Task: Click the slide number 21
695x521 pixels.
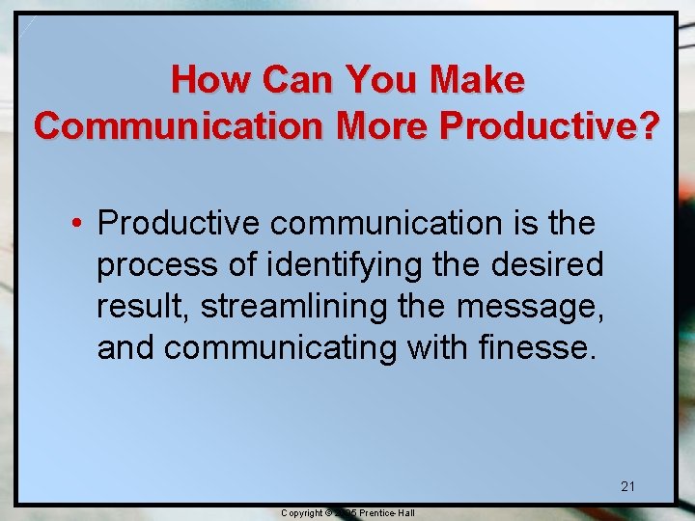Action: tap(627, 486)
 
